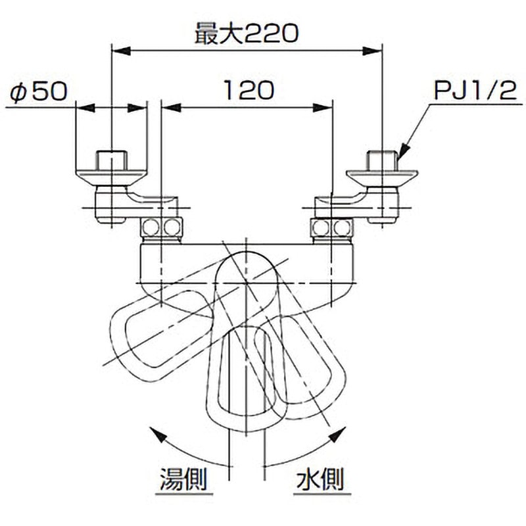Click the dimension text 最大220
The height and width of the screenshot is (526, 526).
coord(247,34)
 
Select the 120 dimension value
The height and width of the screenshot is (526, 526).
coord(249,90)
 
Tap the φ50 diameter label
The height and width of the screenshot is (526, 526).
coord(39,91)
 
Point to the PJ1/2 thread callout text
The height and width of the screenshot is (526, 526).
coord(475,91)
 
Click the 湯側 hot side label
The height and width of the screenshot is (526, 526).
coord(183,479)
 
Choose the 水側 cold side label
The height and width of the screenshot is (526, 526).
coord(320,479)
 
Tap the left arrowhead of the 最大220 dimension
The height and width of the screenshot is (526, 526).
coord(121,51)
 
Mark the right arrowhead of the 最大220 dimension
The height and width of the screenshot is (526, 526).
coord(372,51)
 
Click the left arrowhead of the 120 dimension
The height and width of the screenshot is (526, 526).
coord(171,108)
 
